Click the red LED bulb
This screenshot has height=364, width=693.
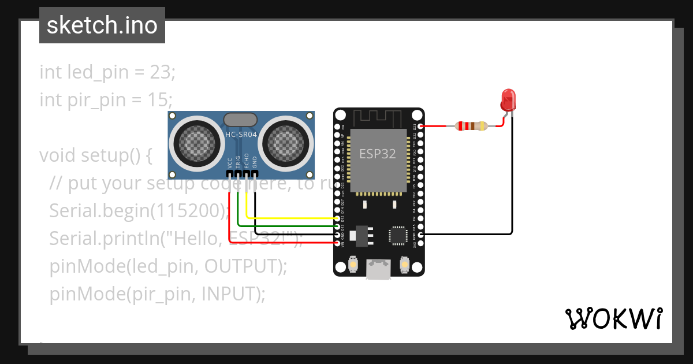click(508, 100)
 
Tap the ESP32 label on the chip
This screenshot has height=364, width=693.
click(378, 154)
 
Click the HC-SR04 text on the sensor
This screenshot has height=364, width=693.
click(241, 134)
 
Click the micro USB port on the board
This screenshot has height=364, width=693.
click(378, 269)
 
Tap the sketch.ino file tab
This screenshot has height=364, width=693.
click(102, 25)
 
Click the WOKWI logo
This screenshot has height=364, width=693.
click(613, 318)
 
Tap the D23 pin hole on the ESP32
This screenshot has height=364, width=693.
click(421, 125)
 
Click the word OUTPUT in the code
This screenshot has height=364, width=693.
click(237, 266)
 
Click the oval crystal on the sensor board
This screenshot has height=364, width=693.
click(241, 120)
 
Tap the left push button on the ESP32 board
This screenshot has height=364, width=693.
click(353, 265)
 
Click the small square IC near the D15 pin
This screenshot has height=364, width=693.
click(397, 235)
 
